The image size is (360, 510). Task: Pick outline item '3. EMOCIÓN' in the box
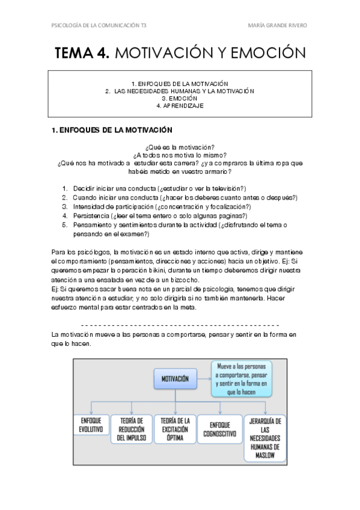pos(180,98)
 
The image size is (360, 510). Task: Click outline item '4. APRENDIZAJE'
pos(180,105)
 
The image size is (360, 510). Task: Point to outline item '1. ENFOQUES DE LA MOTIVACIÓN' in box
pos(180,83)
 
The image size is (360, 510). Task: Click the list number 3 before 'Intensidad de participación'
pos(65,206)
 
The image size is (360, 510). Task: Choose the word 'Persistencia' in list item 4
pos(91,216)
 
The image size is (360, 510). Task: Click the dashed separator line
pos(180,324)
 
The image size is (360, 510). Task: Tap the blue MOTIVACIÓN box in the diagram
pos(175,379)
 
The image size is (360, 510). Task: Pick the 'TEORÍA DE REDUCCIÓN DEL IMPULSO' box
pos(131,429)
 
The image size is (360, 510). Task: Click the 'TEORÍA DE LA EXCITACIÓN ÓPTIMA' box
pos(175,429)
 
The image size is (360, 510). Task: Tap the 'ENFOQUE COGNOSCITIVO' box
pos(221,429)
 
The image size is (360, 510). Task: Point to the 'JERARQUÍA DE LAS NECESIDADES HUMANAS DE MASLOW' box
pos(265,438)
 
